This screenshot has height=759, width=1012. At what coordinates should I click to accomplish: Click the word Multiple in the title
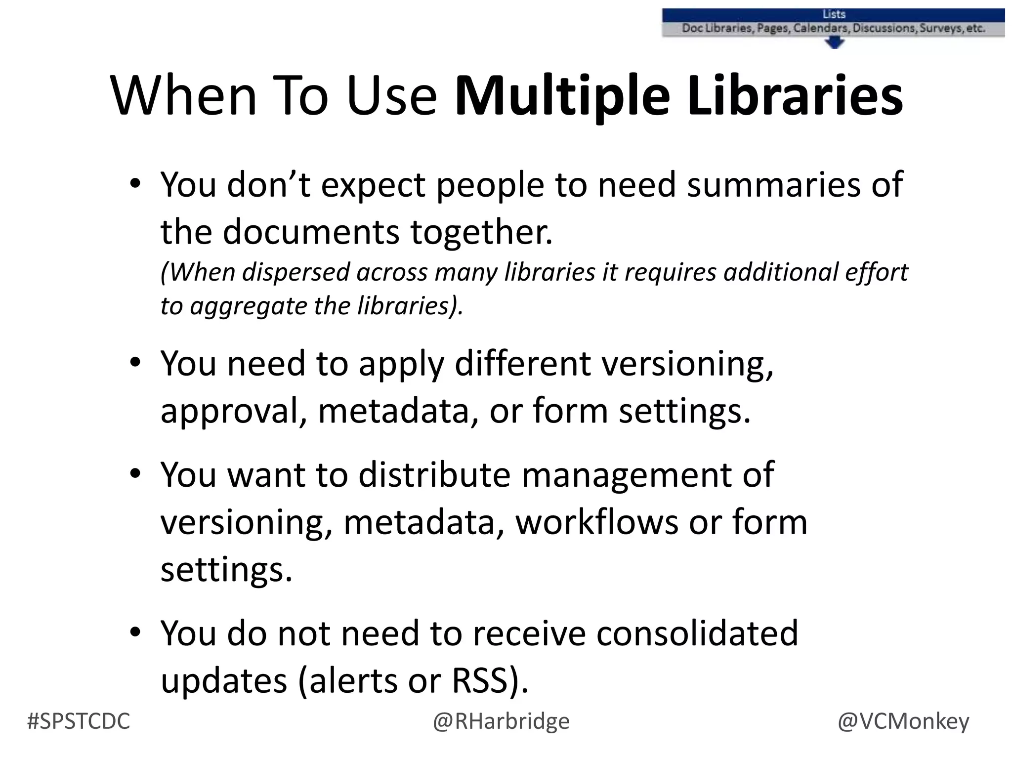coord(561,96)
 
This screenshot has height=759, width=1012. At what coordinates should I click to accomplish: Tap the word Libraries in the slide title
coord(795,96)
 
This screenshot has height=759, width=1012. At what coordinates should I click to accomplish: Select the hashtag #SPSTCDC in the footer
coord(79,721)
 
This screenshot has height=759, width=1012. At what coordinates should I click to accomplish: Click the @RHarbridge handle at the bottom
coord(501,721)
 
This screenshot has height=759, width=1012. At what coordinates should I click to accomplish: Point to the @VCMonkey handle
coord(903,721)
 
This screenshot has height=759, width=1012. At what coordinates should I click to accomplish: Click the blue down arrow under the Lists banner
coord(835,43)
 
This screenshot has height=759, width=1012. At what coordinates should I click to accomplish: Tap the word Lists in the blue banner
coord(834,15)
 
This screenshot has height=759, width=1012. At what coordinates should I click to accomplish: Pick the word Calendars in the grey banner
coord(822,28)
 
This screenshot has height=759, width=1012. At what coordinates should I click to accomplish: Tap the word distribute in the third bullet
coord(434,474)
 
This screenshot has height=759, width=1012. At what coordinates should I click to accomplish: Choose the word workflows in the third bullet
coord(596,522)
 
